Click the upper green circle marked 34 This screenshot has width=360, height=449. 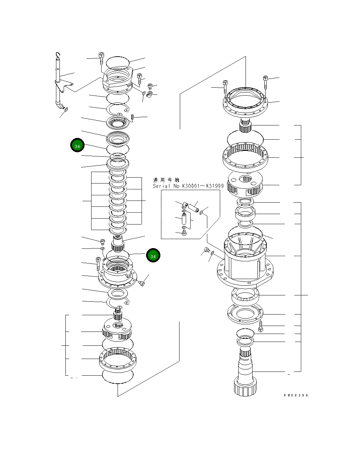click(77, 146)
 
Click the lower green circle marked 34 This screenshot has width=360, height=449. click(153, 256)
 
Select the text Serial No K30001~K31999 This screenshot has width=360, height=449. click(188, 186)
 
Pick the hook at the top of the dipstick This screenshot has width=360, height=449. click(58, 55)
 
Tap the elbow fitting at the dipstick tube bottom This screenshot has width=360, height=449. click(59, 105)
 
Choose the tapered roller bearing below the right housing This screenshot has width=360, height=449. click(245, 295)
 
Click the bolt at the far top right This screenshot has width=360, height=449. click(265, 82)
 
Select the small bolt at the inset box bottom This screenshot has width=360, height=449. click(184, 232)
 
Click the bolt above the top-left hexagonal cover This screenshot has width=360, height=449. click(101, 58)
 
